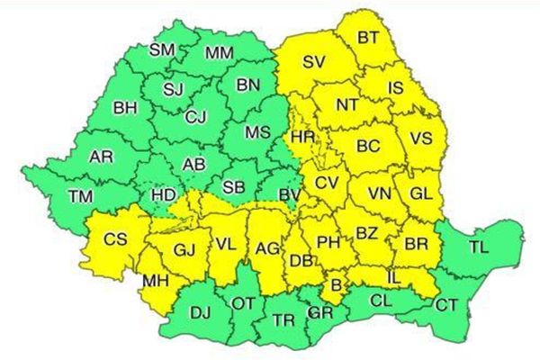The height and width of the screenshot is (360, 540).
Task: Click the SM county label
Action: click(x=162, y=49)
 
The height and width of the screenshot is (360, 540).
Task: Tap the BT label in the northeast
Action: click(x=368, y=38)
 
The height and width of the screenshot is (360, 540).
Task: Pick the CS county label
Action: click(x=115, y=240)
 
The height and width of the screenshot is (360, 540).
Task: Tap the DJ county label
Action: click(x=200, y=312)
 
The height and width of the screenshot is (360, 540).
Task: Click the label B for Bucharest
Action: click(x=337, y=287)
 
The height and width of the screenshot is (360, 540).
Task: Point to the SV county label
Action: click(x=313, y=62)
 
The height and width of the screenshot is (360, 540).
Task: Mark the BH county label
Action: click(x=125, y=109)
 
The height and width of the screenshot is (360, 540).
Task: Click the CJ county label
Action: click(x=195, y=116)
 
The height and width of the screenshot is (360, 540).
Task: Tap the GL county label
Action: click(x=421, y=194)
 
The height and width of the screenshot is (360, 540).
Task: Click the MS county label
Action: click(x=257, y=132)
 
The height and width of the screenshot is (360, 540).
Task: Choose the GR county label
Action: click(x=318, y=314)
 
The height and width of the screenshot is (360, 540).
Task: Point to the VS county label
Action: click(x=420, y=138)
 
